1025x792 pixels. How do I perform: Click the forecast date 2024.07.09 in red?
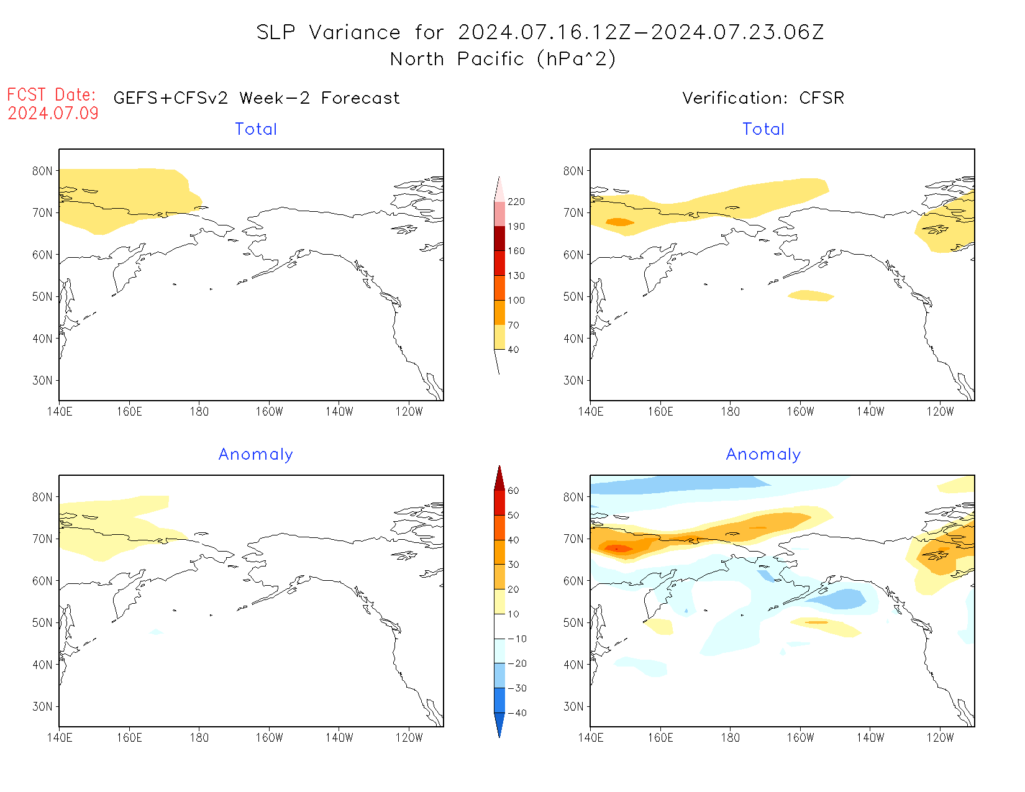[53, 113]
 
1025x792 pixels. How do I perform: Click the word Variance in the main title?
[355, 32]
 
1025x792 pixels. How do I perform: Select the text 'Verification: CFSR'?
[763, 98]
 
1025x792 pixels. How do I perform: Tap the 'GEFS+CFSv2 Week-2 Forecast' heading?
[257, 98]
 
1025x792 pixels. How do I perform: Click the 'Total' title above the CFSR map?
[763, 129]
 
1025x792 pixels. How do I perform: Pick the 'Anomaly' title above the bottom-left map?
[255, 455]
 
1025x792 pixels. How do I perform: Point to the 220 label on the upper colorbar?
[516, 202]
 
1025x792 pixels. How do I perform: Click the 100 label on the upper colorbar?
[516, 300]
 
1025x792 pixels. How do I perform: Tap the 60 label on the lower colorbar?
[513, 491]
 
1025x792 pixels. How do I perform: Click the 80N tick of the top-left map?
[42, 171]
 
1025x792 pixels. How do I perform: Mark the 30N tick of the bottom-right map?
[573, 706]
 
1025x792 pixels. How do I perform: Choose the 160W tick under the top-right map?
[800, 411]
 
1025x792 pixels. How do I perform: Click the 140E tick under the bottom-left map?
[60, 737]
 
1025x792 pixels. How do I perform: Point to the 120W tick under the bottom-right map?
[940, 737]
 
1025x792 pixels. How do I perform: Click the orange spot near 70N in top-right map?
[619, 222]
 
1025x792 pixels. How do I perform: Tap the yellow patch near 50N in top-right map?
[811, 296]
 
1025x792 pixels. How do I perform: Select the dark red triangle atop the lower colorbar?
[499, 478]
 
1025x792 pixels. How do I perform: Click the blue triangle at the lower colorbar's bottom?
[499, 724]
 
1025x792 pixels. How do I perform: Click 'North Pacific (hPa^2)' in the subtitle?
[503, 59]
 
